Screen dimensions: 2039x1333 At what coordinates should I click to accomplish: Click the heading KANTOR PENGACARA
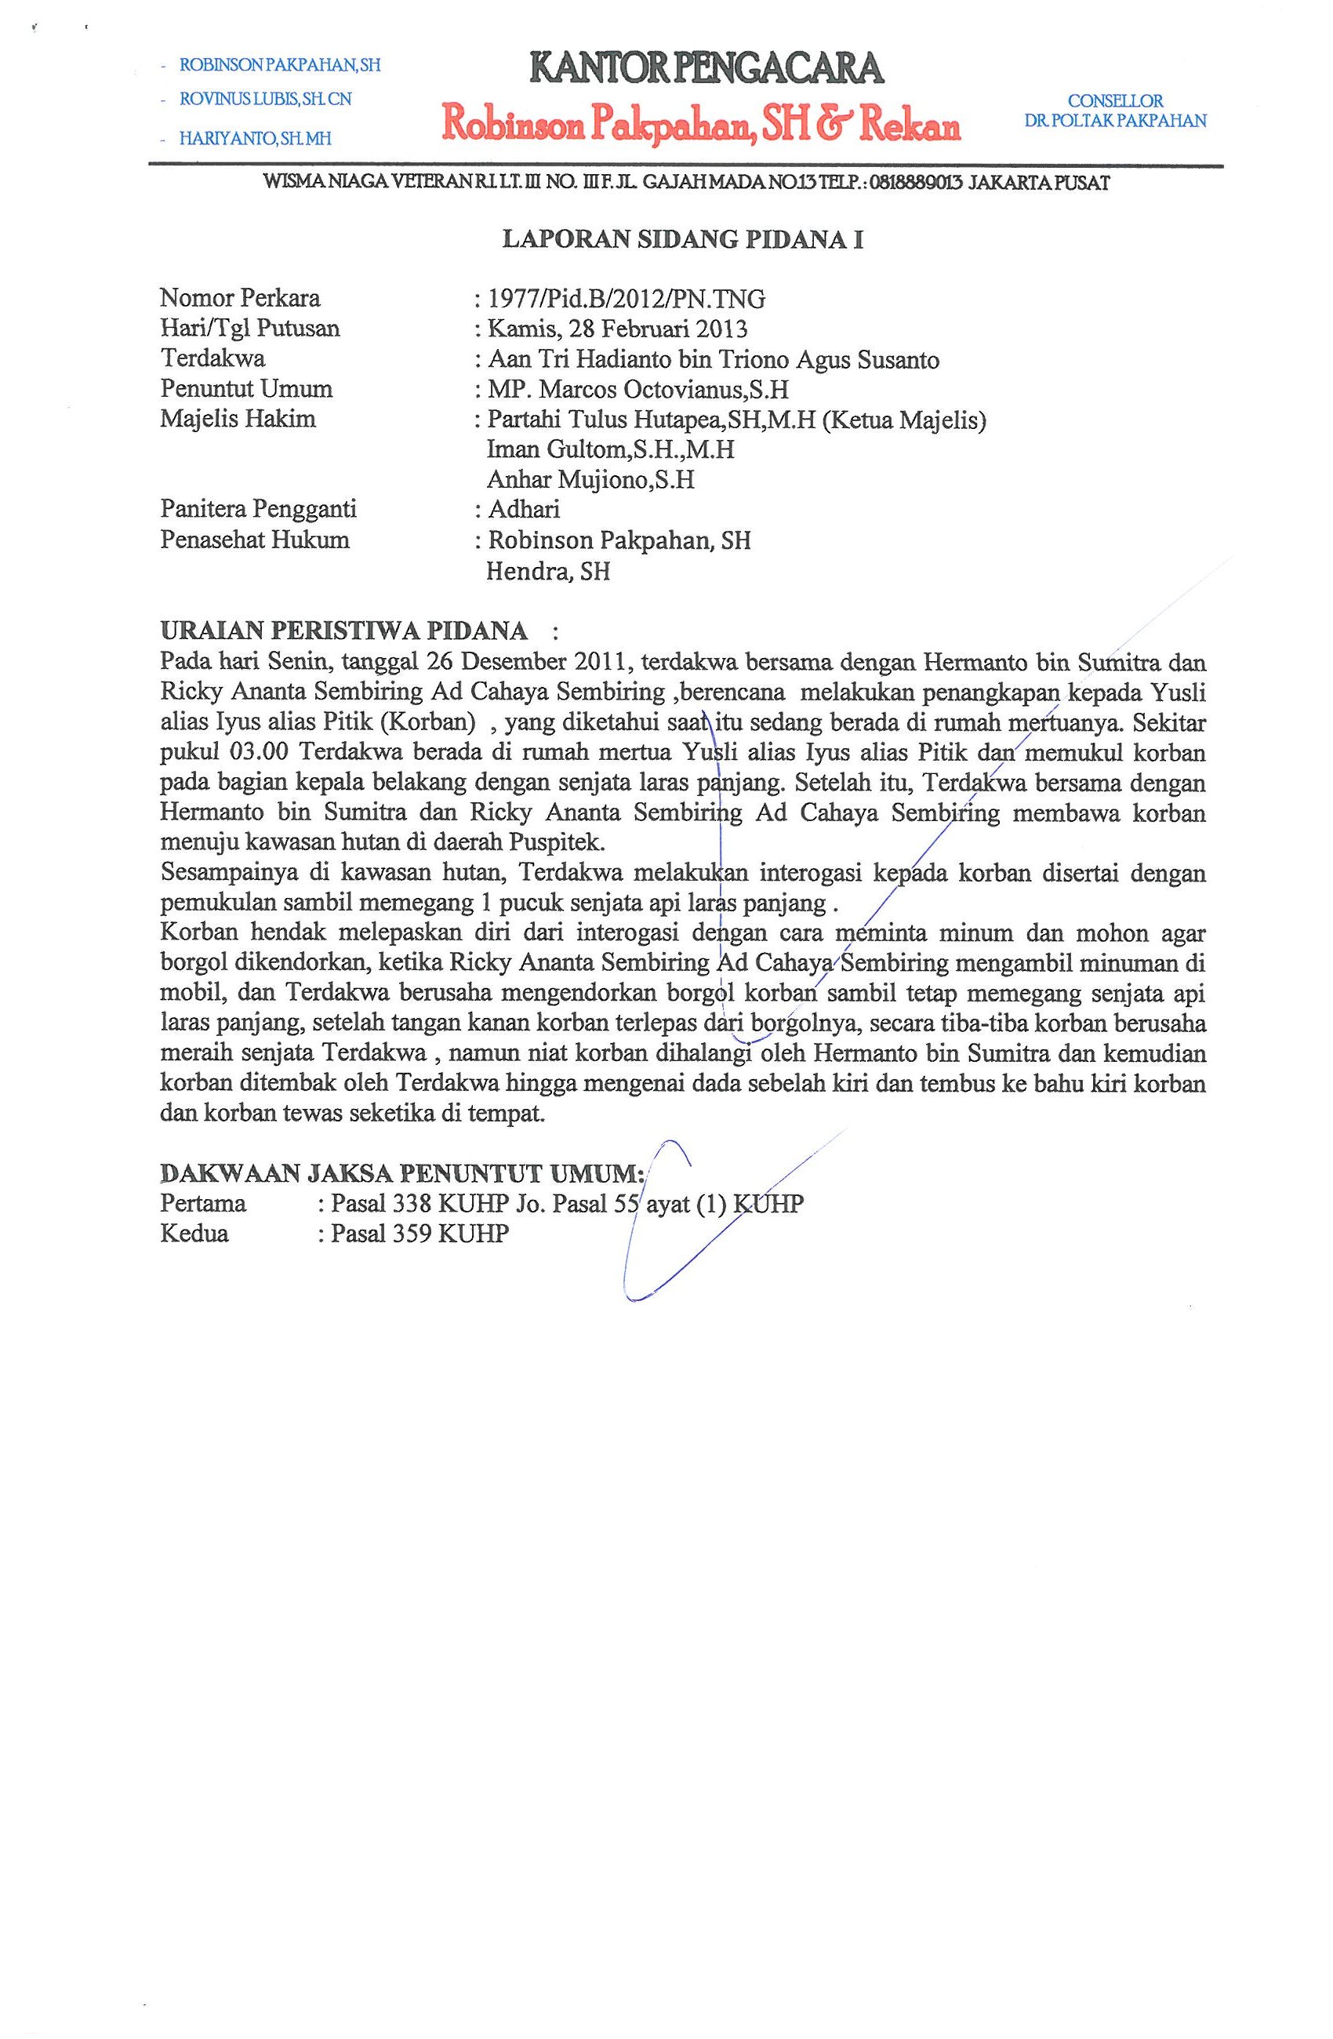click(x=706, y=67)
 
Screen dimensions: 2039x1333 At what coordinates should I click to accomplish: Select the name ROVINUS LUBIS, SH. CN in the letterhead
click(x=265, y=100)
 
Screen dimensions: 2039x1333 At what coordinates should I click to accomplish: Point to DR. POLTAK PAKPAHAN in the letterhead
click(x=1115, y=120)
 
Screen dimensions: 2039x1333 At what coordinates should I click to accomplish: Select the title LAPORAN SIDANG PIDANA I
click(x=682, y=240)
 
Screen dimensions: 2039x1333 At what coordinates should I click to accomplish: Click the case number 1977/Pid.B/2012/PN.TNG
click(x=626, y=299)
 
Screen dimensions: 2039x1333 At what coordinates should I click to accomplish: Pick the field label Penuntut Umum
click(x=246, y=389)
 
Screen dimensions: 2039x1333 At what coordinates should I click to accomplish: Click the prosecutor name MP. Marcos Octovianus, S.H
click(x=637, y=390)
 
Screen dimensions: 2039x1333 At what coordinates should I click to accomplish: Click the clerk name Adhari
click(x=524, y=510)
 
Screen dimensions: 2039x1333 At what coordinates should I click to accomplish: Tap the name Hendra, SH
click(x=547, y=571)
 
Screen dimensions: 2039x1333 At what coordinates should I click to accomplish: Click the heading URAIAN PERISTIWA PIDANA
click(x=344, y=631)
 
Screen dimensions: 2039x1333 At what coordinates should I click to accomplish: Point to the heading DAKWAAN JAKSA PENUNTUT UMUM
click(x=402, y=1171)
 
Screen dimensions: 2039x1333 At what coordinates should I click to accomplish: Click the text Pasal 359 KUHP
click(x=420, y=1234)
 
